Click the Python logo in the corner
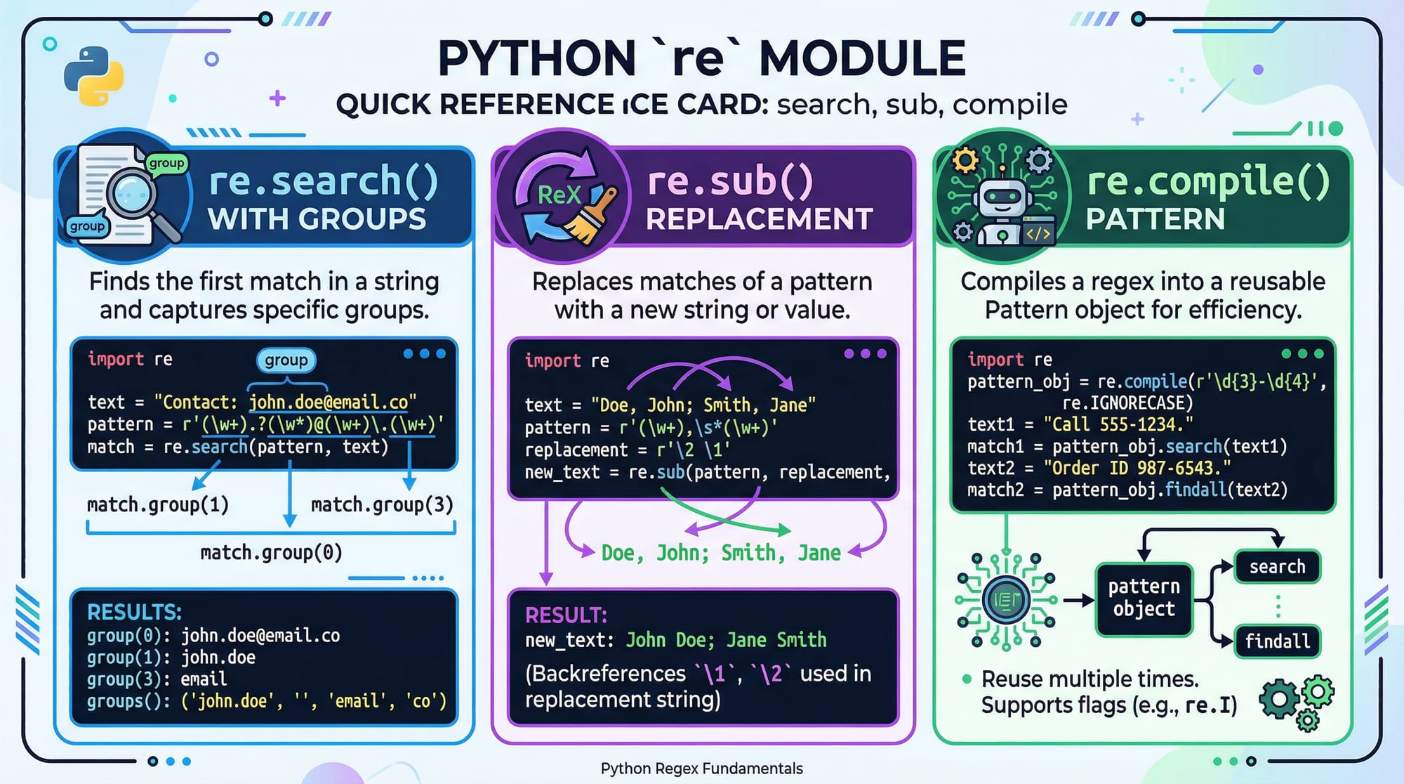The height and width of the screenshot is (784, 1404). coord(93,76)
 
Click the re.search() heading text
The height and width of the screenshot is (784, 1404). coord(323,181)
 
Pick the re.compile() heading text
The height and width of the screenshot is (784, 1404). coord(1207,181)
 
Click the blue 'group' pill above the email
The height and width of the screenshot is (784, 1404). coord(286,360)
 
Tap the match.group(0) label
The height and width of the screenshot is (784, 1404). coord(271,553)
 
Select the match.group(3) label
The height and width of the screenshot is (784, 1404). coord(382,504)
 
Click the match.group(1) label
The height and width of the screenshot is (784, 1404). coord(158,504)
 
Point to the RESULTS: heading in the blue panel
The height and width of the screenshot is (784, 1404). coord(134,612)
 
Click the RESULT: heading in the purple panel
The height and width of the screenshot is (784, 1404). coord(566,615)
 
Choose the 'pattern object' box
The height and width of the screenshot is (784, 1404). coord(1144,598)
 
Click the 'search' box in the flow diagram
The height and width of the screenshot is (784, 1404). coord(1277,566)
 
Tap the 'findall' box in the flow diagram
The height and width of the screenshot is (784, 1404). coord(1277,641)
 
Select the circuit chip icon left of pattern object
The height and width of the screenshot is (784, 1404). coord(1006,600)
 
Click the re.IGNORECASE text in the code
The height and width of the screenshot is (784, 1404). coord(1127,403)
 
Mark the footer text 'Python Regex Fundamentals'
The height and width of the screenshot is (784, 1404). coord(701,769)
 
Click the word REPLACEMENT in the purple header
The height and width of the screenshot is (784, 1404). coord(759,219)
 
